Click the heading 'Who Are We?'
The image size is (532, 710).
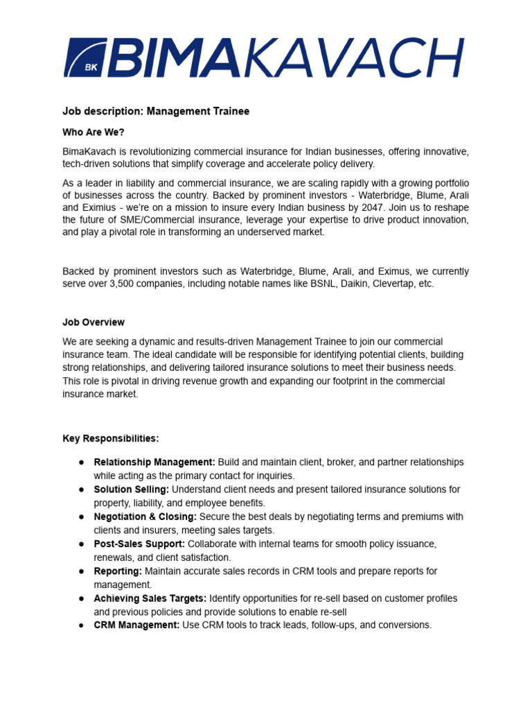tap(94, 132)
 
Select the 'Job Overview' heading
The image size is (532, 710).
tap(94, 322)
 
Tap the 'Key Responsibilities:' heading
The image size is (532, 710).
tap(111, 438)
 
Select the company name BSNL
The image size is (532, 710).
tap(320, 284)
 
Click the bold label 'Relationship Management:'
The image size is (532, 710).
tap(154, 462)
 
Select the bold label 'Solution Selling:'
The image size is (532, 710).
tap(132, 490)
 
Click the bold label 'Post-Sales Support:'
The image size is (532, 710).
tap(139, 544)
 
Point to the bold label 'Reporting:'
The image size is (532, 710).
tap(118, 571)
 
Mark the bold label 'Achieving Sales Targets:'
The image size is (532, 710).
tap(150, 598)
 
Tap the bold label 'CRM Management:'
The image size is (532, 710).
tap(136, 625)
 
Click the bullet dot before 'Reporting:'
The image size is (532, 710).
tap(81, 571)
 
